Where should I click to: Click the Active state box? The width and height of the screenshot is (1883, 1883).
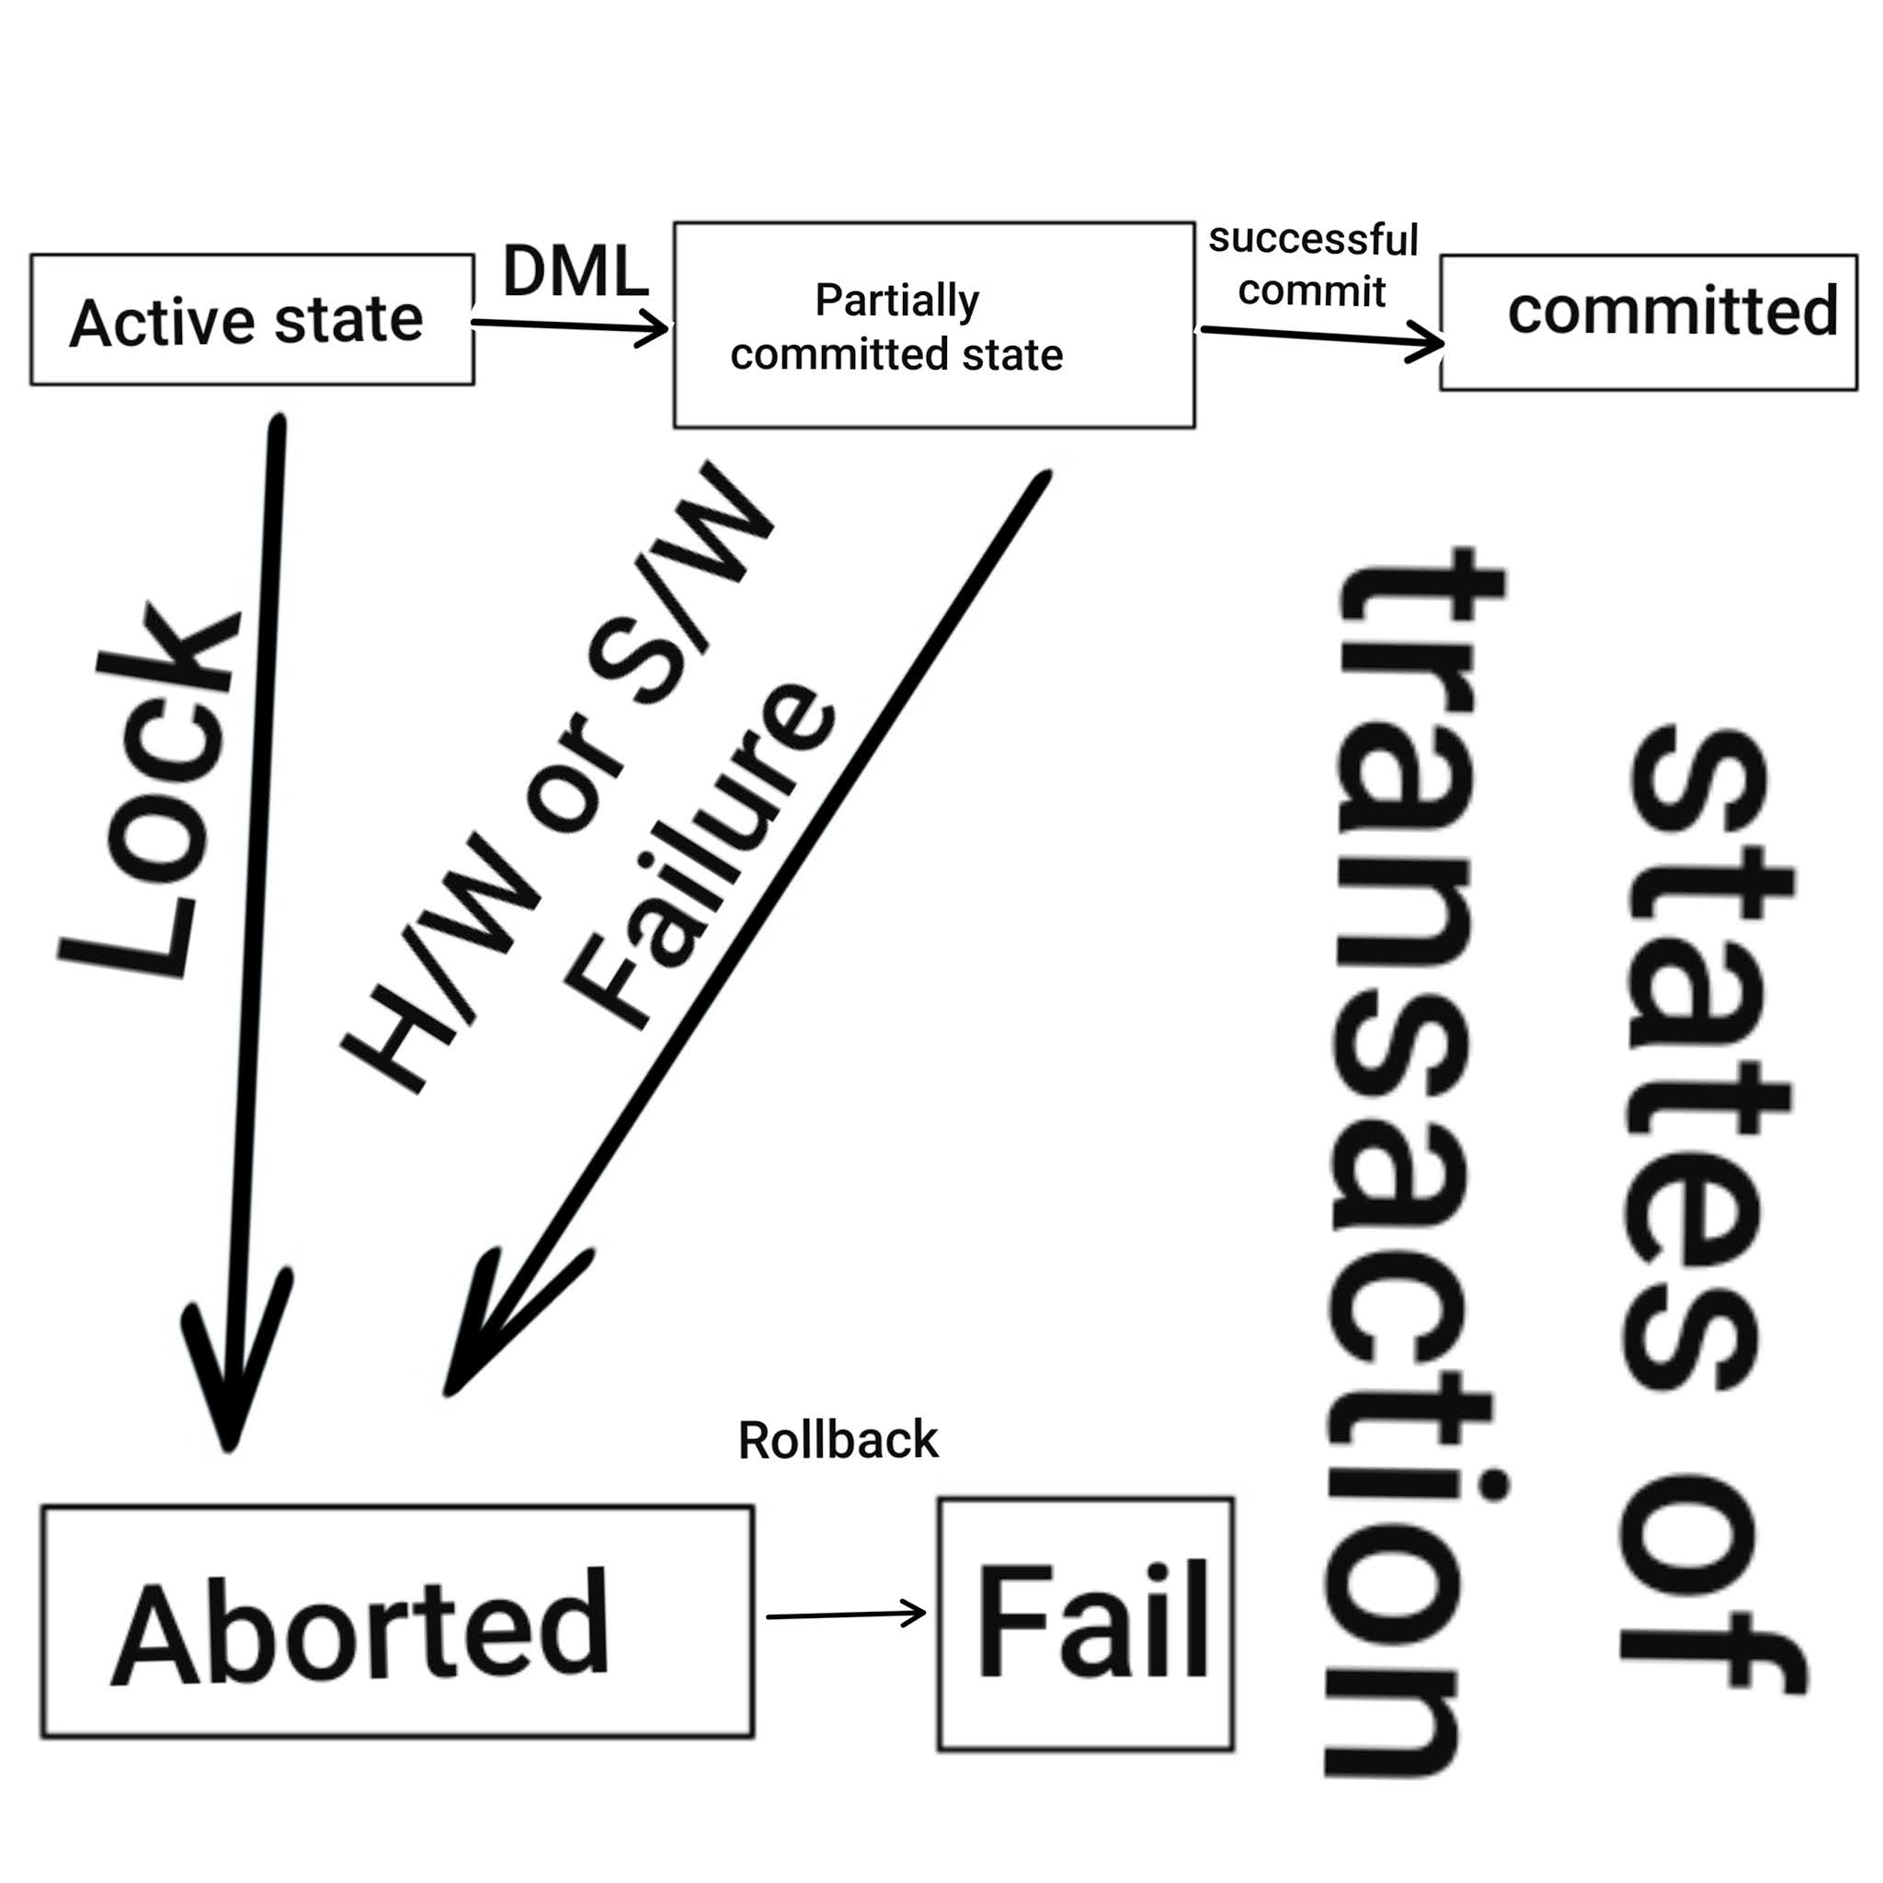[x=251, y=320]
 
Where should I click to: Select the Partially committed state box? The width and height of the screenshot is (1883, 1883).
[x=934, y=325]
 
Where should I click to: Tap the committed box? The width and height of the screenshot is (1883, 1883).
[x=1649, y=322]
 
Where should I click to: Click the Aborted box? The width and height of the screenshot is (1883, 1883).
[x=396, y=1623]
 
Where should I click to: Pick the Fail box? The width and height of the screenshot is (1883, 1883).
[x=1086, y=1624]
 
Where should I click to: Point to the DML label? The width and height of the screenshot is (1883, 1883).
[x=575, y=271]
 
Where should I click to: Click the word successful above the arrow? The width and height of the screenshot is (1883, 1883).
[x=1313, y=240]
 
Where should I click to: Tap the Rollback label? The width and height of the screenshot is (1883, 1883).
[x=839, y=1441]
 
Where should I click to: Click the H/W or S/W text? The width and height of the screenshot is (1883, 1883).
[x=555, y=780]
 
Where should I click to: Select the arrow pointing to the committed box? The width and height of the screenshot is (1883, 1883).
[x=1320, y=337]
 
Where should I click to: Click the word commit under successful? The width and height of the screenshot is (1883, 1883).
[x=1312, y=291]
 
